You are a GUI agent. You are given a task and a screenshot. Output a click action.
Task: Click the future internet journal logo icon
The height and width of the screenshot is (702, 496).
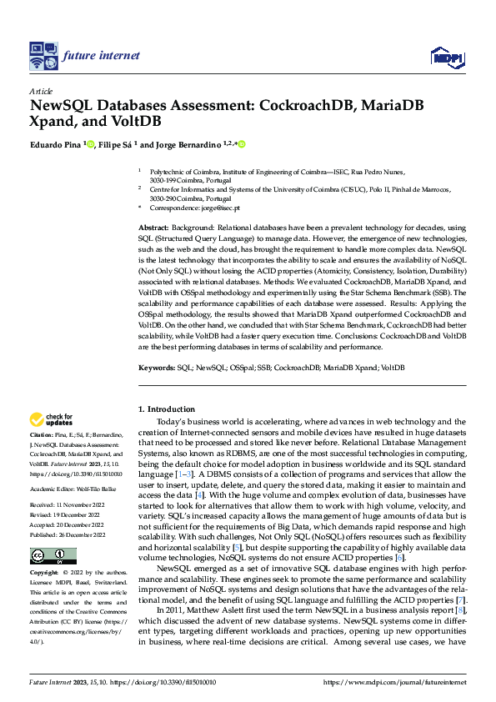tap(43, 56)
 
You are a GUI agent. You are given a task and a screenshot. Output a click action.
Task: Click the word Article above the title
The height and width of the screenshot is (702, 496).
tap(40, 91)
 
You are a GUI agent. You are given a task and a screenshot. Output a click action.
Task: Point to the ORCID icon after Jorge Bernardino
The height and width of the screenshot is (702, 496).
tap(242, 144)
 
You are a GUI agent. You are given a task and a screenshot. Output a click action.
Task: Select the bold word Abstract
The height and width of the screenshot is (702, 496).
tap(153, 228)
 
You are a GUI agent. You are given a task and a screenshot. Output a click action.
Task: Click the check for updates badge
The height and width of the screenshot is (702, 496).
tap(51, 419)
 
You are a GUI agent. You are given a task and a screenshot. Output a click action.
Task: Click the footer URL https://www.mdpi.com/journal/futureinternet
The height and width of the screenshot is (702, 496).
tap(395, 682)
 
